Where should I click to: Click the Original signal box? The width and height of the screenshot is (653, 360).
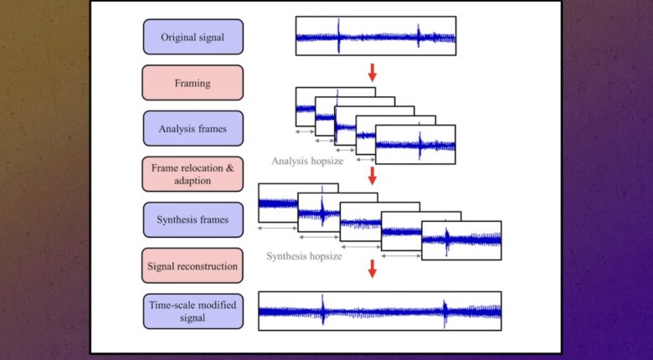coord(193,37)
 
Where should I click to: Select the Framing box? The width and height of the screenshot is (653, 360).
coord(193,83)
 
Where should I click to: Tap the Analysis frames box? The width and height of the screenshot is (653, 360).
coord(193,128)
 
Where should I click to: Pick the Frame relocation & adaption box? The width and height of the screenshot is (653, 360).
coord(193,174)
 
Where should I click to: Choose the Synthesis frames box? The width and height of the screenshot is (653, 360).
coord(193,219)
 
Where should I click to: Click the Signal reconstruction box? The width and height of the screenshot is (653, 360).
coord(193,266)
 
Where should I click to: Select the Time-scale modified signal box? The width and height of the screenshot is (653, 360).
coord(193,311)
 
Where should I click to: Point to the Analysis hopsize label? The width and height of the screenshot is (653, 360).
coord(307,161)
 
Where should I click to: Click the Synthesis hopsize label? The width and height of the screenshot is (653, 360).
coord(304,256)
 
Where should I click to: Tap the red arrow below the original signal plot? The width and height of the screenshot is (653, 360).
coord(373,73)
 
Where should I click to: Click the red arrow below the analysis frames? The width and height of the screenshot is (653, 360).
coord(373,176)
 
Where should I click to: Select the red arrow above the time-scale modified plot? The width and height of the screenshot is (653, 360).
coord(373,269)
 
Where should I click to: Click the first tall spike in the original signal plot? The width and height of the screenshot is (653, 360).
coord(338,36)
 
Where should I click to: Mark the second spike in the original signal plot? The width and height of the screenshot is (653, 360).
coord(419,35)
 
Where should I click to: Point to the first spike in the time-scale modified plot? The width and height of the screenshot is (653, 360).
coord(323,310)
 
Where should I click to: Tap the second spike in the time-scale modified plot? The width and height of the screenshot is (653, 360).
coord(445,313)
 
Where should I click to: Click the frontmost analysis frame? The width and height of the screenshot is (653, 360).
coord(415,144)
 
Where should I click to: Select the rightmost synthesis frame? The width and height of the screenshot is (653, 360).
coord(461,240)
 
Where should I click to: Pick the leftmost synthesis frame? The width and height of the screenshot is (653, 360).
coord(278,203)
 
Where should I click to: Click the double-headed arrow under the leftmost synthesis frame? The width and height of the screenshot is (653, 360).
coord(277,228)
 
